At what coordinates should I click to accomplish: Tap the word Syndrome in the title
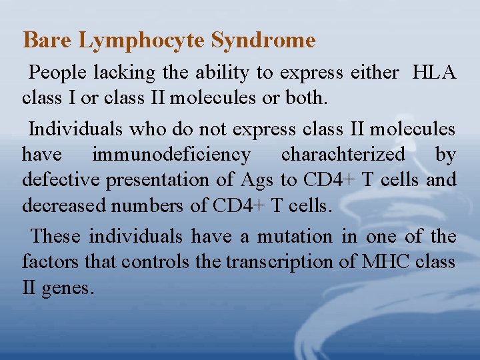click(x=263, y=41)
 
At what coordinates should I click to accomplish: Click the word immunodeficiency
click(x=171, y=155)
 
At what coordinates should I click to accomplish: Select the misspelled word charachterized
click(x=343, y=155)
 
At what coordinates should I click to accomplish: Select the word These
click(x=56, y=236)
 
